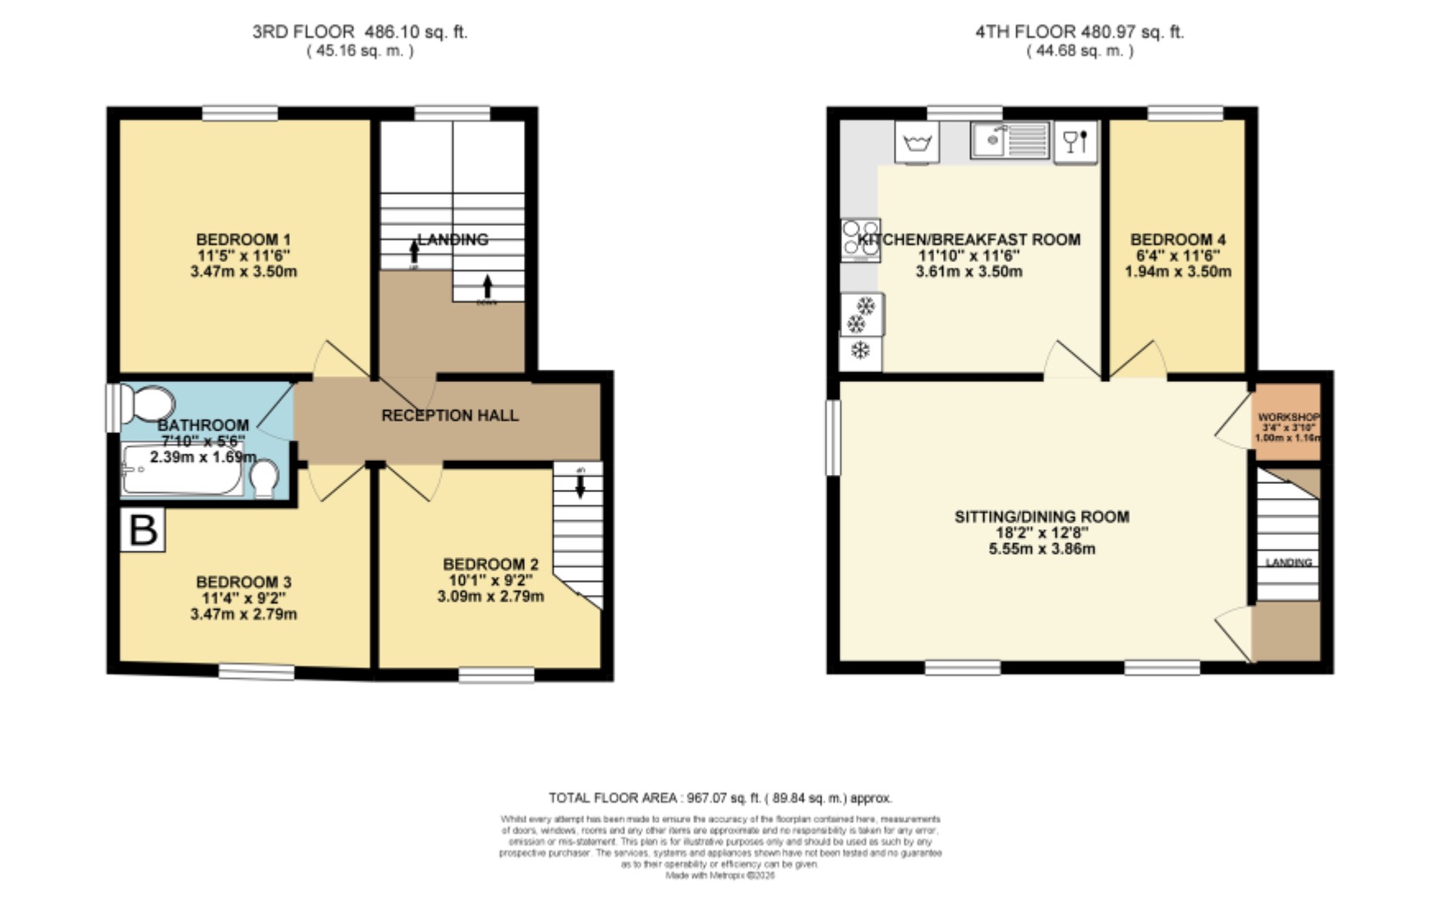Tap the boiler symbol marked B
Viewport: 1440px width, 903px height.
pos(144,530)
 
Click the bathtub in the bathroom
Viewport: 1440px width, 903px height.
pos(182,470)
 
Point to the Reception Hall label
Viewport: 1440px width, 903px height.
pos(449,416)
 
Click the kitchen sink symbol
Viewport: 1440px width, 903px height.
pos(1010,140)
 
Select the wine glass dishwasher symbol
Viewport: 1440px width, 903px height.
pos(1075,142)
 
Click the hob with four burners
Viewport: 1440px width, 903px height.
pos(860,239)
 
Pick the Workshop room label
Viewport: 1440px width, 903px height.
pos(1288,417)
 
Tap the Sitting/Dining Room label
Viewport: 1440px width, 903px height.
pos(1042,517)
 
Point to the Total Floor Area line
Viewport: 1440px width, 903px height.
pos(720,798)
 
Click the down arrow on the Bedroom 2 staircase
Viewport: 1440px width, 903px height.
pos(580,487)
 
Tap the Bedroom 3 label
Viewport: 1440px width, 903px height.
pos(243,582)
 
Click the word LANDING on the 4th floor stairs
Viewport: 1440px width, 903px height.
pos(1288,563)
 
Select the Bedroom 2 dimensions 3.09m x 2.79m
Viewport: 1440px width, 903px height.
pos(490,597)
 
